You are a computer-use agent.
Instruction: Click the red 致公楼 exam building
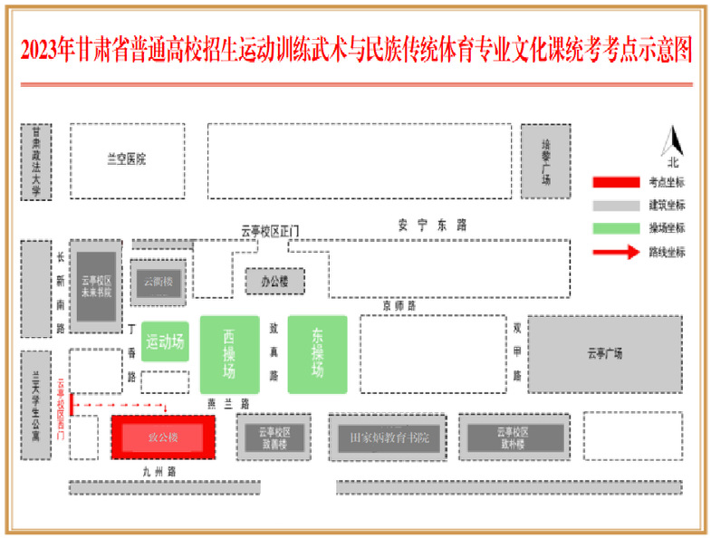coord(163,437)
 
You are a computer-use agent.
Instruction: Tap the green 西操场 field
coord(229,354)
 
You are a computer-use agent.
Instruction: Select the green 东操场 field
coord(317,354)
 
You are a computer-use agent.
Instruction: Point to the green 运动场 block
coord(165,341)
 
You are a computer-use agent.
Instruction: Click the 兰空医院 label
coord(126,160)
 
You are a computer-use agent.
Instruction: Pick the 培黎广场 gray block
coord(545,161)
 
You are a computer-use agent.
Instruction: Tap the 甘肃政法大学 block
coord(36,161)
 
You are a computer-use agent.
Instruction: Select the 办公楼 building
coord(274,282)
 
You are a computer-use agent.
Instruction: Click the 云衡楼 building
coord(158,282)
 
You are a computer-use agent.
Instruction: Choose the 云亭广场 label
coord(604,353)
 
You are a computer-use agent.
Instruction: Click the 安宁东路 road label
coord(431,225)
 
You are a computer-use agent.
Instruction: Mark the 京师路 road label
coord(399,306)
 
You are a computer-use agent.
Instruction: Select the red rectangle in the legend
coord(616,182)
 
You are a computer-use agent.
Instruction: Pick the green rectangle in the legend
coord(616,228)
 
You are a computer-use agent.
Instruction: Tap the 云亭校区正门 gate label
coord(270,232)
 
